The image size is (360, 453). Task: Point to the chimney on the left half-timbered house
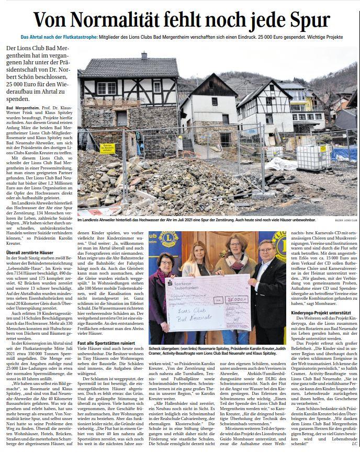pyautogui.click(x=144, y=56)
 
